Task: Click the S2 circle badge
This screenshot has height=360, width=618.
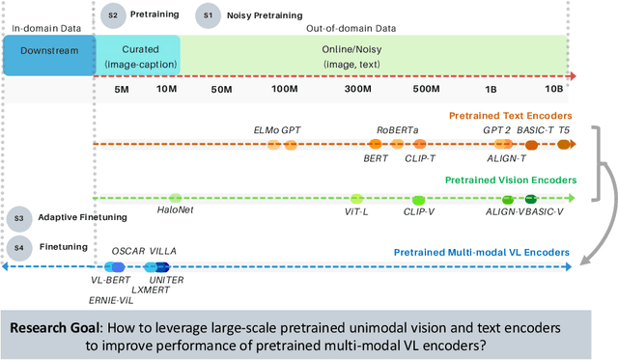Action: coord(113,15)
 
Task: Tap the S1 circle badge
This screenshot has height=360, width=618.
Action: coord(206,15)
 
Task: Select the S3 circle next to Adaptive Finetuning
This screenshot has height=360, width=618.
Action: coord(16,218)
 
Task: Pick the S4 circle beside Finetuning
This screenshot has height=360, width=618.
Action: coord(16,248)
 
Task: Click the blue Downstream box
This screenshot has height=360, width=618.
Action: coord(47,55)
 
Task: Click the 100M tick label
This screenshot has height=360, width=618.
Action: coord(284,90)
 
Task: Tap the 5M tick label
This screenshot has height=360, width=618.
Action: coord(122,90)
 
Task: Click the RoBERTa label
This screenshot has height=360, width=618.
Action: coord(397,128)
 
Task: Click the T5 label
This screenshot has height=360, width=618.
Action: coord(565,128)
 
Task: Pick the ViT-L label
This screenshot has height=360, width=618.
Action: coord(358,209)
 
